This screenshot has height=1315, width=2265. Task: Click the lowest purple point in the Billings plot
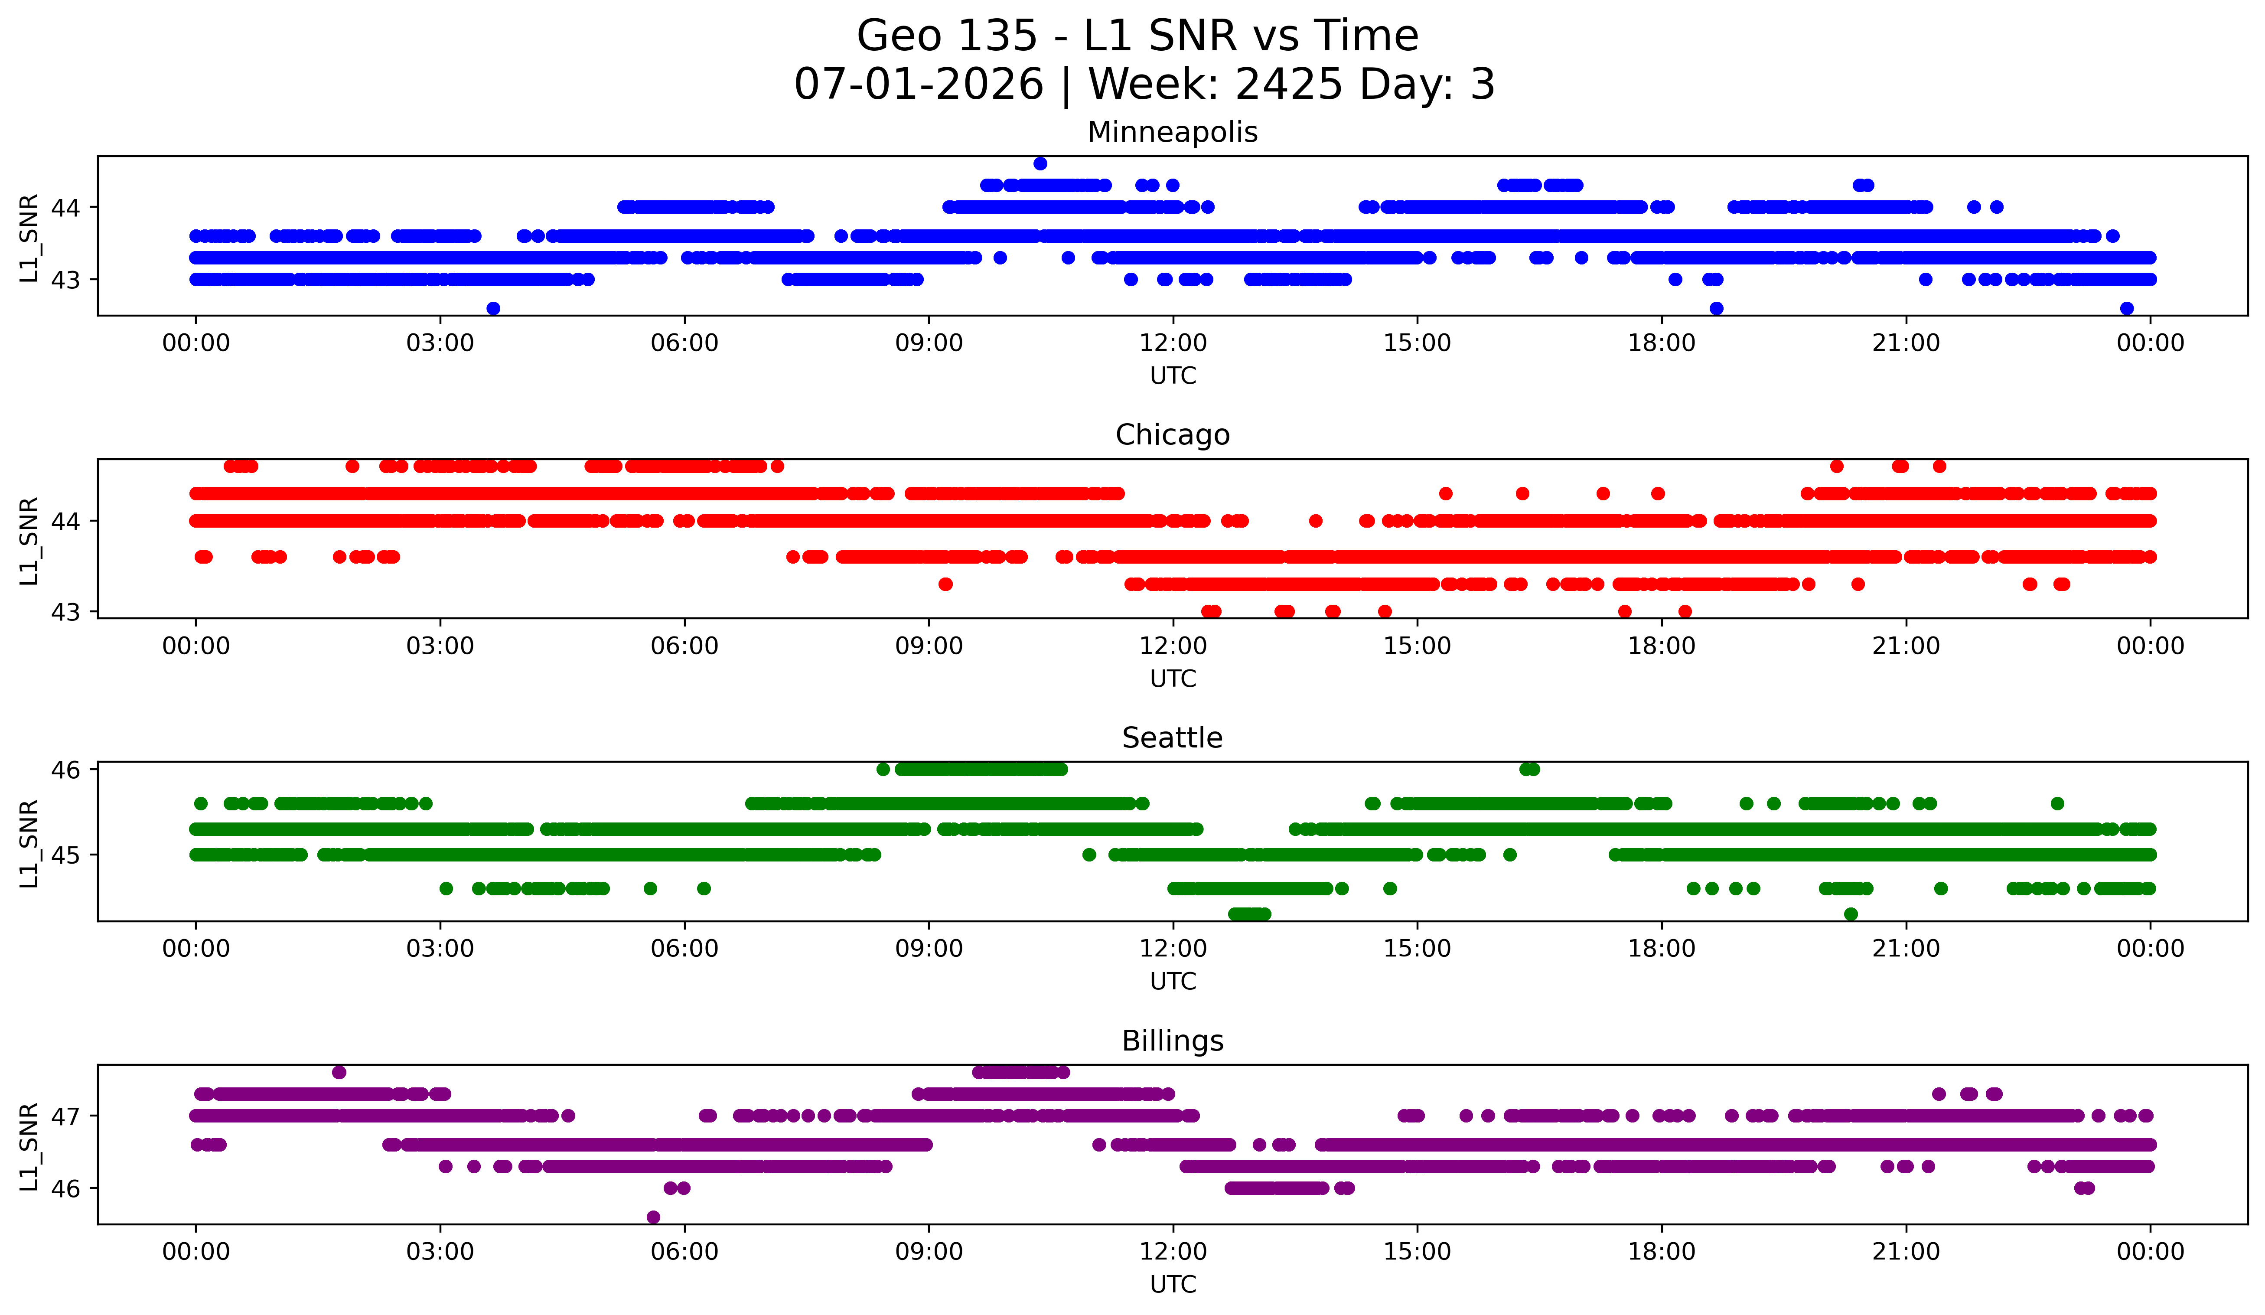[x=653, y=1217]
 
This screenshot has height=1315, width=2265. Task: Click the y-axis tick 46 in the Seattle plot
[x=65, y=770]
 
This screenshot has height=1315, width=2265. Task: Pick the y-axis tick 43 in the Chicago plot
[x=65, y=612]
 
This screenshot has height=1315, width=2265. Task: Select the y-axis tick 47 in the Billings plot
[x=65, y=1116]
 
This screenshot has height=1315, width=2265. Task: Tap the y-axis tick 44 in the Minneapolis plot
[x=65, y=208]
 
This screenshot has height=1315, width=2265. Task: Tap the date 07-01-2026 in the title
[x=919, y=85]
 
